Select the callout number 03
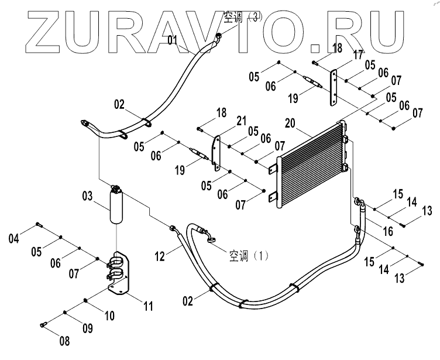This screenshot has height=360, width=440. [87, 196]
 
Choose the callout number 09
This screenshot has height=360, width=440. [87, 328]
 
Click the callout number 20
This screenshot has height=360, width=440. [290, 124]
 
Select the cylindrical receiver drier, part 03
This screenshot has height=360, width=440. [116, 204]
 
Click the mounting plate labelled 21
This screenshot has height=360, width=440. [216, 153]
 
